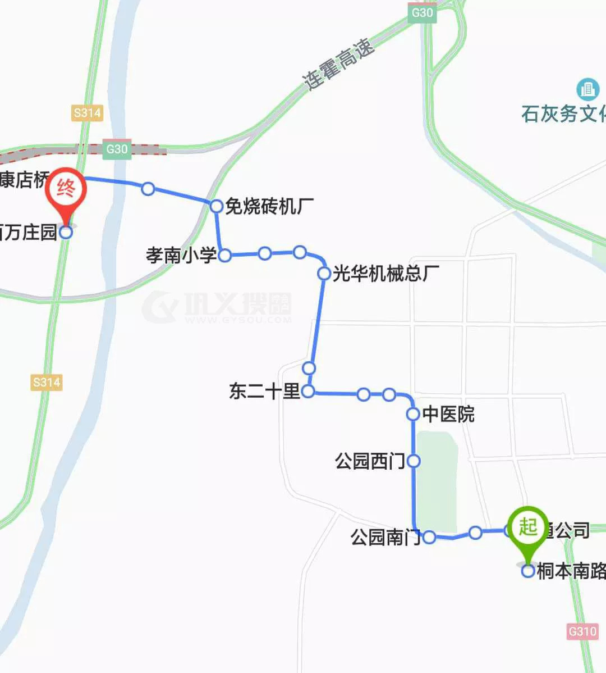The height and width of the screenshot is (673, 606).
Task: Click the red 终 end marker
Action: (66, 190)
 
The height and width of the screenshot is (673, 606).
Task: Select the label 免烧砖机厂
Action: (269, 207)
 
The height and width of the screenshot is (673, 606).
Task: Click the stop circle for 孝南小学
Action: (224, 256)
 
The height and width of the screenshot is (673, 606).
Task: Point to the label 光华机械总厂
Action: (386, 274)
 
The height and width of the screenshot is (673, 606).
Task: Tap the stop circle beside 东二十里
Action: (308, 392)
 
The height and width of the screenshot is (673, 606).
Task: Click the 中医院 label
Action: (448, 415)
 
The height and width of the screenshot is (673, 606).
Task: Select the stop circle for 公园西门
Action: (414, 461)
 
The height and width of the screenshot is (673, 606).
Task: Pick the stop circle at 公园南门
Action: (429, 537)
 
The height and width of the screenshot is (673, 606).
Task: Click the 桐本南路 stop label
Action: (571, 571)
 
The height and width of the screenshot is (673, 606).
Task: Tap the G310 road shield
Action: (582, 631)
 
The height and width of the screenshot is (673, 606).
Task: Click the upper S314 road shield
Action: (88, 113)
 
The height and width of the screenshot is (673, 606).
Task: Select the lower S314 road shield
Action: (46, 383)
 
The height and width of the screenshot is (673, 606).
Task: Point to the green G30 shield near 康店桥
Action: (117, 149)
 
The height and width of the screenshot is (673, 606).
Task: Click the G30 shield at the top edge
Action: (422, 12)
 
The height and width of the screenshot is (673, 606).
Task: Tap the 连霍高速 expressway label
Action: (338, 64)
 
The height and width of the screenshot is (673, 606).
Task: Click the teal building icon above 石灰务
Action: (587, 89)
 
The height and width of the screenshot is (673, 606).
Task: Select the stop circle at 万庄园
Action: (66, 232)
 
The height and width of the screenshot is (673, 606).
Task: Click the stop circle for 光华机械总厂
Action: (324, 274)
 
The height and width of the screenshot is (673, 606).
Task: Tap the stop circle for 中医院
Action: (413, 415)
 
